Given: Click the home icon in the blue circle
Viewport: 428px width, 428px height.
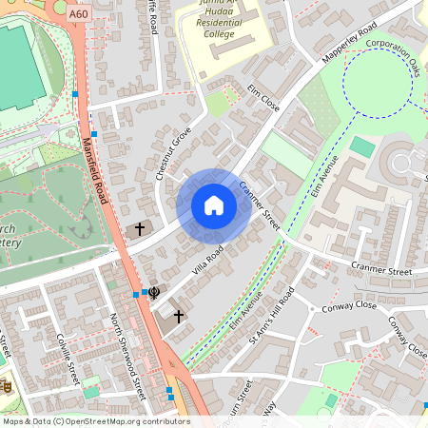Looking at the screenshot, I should pyautogui.click(x=214, y=205).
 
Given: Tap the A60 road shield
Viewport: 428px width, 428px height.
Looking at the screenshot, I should pyautogui.click(x=80, y=15).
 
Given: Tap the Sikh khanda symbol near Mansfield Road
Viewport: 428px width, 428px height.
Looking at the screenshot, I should pyautogui.click(x=155, y=293).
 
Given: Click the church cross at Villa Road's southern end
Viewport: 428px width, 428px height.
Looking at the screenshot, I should pyautogui.click(x=178, y=314).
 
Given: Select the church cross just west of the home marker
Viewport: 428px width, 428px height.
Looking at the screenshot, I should pyautogui.click(x=140, y=229).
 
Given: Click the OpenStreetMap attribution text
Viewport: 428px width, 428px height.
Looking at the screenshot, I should pyautogui.click(x=97, y=421).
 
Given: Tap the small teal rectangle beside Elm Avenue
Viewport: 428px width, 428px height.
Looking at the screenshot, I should pyautogui.click(x=362, y=147).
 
